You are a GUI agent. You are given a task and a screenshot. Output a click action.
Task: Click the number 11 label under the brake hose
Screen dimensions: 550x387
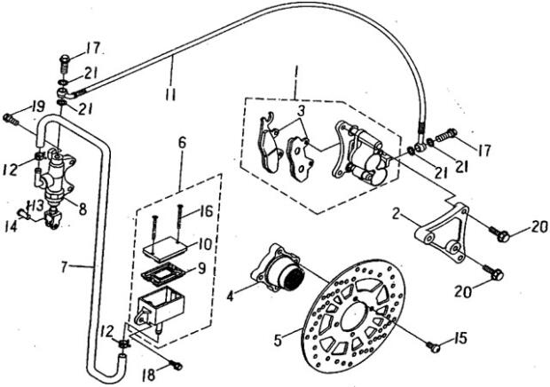coord(170,95)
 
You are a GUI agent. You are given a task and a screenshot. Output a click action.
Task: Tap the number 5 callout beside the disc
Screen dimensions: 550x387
coord(278,340)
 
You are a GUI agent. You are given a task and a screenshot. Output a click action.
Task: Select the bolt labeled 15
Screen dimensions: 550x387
coord(434,347)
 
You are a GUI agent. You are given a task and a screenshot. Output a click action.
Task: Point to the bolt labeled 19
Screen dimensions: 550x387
coord(11,119)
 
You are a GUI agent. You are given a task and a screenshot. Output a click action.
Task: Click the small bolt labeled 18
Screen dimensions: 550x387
coord(176,365)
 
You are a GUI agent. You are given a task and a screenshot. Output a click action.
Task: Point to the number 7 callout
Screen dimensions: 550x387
coord(65,267)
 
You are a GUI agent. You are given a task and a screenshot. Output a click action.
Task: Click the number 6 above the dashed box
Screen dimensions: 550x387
coord(183,143)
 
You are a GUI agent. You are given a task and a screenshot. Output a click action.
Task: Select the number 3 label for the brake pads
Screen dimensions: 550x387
coord(301,111)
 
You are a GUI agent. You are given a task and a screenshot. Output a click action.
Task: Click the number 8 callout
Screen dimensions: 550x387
coord(82,209)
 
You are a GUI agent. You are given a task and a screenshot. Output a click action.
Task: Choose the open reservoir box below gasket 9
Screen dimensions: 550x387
coord(161,306)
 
